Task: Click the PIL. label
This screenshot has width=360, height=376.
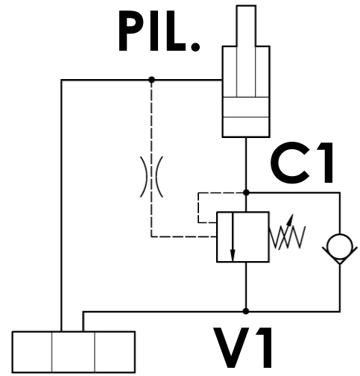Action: (x=159, y=31)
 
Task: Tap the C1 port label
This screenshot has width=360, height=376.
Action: (x=301, y=163)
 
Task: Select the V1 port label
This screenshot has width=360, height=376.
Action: (x=242, y=348)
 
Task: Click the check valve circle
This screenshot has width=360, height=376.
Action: (x=340, y=246)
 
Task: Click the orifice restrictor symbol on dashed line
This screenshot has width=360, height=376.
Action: (x=151, y=177)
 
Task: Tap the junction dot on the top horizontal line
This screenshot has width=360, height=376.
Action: (x=151, y=80)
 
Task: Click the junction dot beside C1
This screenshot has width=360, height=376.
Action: (x=246, y=192)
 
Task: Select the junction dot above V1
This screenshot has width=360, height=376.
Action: (x=246, y=311)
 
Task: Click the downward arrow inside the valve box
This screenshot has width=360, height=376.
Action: (x=233, y=236)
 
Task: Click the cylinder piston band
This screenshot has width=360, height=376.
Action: (x=246, y=107)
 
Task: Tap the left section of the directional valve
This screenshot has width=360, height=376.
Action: (x=32, y=352)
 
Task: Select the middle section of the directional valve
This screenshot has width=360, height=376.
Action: (x=74, y=352)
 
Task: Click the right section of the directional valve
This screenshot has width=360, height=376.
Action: (x=115, y=352)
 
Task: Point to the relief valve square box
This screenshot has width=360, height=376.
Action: (x=243, y=236)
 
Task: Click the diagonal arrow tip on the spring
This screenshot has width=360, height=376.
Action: (x=292, y=216)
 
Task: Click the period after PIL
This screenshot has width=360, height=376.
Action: (x=196, y=47)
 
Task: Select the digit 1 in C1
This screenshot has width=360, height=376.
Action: (x=325, y=163)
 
